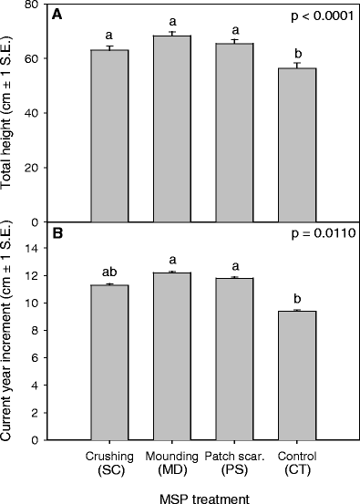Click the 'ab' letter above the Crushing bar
108,272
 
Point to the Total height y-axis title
9,112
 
